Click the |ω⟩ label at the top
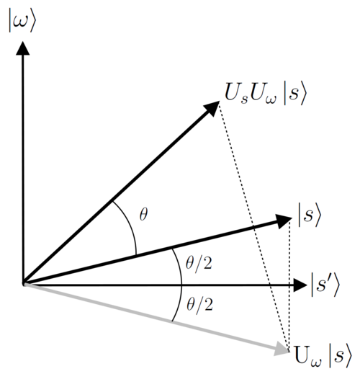(22, 20)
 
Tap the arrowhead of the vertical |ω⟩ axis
(23, 48)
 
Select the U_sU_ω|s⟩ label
(266, 93)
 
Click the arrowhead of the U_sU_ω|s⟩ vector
(212, 108)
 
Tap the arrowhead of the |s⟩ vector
(284, 221)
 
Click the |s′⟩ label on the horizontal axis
(325, 285)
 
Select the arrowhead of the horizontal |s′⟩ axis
(300, 285)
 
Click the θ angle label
(143, 214)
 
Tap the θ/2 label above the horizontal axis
(199, 264)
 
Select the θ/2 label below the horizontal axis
(199, 305)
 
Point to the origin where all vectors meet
(23, 284)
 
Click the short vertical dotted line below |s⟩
(289, 286)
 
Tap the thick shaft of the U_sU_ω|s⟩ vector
(114, 197)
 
